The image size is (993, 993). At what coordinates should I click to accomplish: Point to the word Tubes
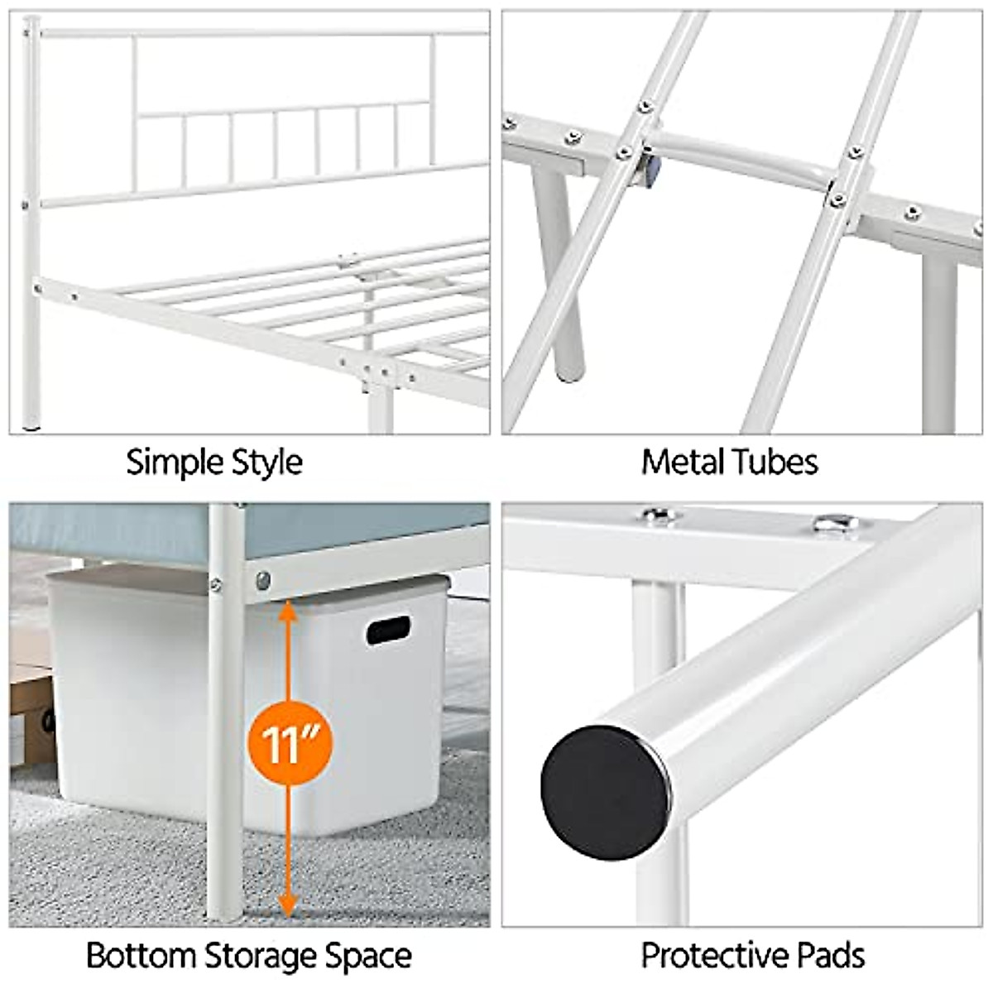pos(776,462)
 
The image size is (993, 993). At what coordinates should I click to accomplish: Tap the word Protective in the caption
pos(706,955)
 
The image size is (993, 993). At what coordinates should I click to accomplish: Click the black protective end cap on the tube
pos(605,792)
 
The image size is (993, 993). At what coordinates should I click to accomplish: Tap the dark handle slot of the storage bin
pos(388,631)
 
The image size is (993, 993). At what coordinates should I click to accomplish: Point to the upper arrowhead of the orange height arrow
pos(287,612)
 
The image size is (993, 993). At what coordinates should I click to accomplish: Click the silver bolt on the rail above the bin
pos(263,580)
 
